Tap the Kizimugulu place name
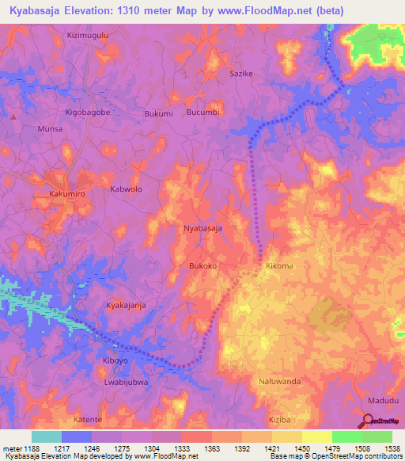(88, 36)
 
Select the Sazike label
(240, 73)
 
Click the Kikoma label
(279, 266)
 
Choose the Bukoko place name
(202, 266)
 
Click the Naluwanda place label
(279, 381)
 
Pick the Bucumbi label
(202, 112)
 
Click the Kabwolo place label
(126, 189)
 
